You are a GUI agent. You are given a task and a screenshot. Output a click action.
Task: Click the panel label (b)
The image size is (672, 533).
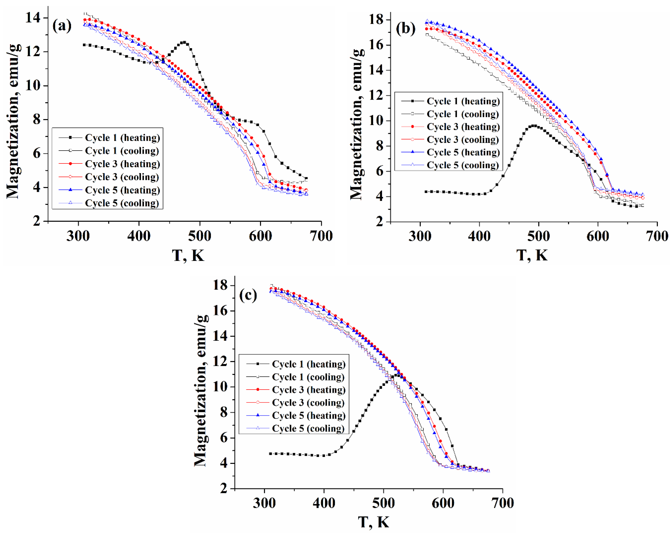405,29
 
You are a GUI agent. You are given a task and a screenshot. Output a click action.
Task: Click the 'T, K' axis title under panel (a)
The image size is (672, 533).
188,255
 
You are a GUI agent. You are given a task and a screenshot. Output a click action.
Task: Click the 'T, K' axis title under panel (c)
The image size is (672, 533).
373,522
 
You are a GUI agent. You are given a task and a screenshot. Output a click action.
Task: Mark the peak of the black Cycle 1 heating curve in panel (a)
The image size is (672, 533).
184,42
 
